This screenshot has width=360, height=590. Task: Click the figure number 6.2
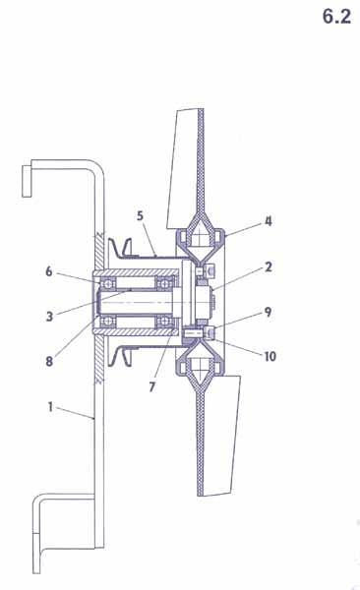pyautogui.click(x=336, y=17)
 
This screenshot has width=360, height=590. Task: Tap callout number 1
pyautogui.click(x=50, y=407)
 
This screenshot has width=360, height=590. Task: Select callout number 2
pyautogui.click(x=269, y=267)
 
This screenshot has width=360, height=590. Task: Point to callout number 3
pyautogui.click(x=49, y=316)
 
